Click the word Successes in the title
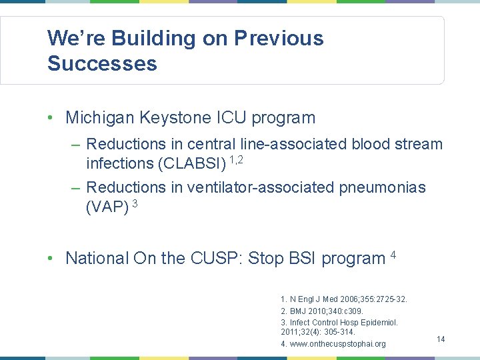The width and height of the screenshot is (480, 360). (x=102, y=64)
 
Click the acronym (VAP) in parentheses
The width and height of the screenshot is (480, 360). (x=107, y=207)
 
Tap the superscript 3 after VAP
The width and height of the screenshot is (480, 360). (x=135, y=203)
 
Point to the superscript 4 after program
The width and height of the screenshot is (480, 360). (x=393, y=254)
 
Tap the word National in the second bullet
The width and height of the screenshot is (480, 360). (x=97, y=258)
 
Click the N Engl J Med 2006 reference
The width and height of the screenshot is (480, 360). (x=344, y=299)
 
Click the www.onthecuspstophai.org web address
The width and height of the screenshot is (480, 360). (x=333, y=344)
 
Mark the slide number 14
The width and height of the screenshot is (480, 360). (x=441, y=339)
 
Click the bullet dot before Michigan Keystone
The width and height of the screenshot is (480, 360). (x=51, y=119)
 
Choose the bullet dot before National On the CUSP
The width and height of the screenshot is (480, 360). (x=51, y=259)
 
